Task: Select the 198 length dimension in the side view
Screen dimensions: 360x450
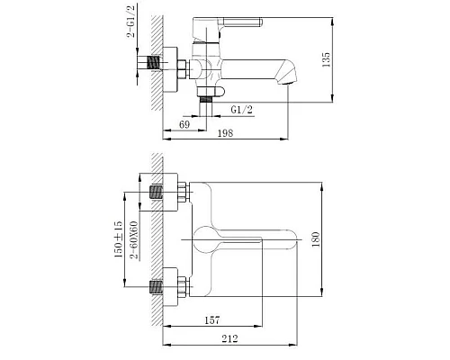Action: click(225, 133)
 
